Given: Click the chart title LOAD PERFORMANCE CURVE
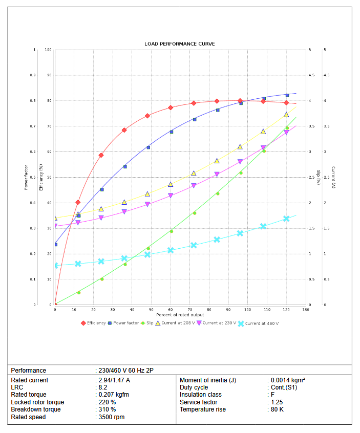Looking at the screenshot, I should pyautogui.click(x=179, y=44).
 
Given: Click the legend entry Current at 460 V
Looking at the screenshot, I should pyautogui.click(x=259, y=323).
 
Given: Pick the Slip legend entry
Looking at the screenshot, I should pyautogui.click(x=147, y=323).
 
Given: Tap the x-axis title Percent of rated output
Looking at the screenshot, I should pyautogui.click(x=180, y=314).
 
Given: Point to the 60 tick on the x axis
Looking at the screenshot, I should pyautogui.click(x=171, y=310).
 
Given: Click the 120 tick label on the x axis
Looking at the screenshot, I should pyautogui.click(x=286, y=310).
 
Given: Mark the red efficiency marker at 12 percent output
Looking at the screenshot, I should pyautogui.click(x=78, y=202).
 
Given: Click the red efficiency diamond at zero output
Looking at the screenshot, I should pyautogui.click(x=55, y=305).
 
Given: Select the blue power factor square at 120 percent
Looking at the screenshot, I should pyautogui.click(x=287, y=95).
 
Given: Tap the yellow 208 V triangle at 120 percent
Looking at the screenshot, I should pyautogui.click(x=287, y=114).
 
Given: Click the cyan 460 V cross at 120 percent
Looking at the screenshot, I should pyautogui.click(x=287, y=219).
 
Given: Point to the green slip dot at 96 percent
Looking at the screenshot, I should pyautogui.click(x=241, y=172).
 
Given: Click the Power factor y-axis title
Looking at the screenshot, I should pyautogui.click(x=26, y=177).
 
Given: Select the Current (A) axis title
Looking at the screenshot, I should pyautogui.click(x=333, y=177).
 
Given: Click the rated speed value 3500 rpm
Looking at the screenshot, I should pyautogui.click(x=111, y=417).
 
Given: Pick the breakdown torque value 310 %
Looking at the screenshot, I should pyautogui.click(x=108, y=409).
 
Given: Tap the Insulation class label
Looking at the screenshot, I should pyautogui.click(x=200, y=395).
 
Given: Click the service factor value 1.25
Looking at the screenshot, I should pyautogui.click(x=277, y=402).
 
